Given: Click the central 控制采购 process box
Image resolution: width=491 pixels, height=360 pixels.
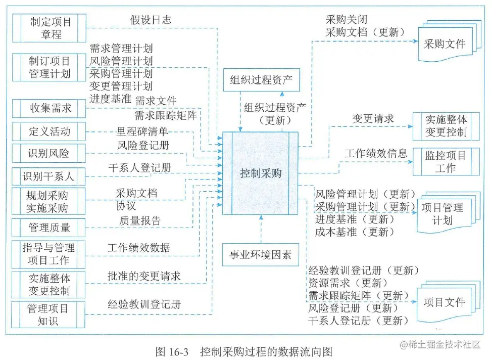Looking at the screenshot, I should point(260,173).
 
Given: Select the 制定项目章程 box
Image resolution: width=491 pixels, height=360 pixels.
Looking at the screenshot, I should point(48,28).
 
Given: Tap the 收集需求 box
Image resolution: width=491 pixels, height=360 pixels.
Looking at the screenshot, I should point(48,108).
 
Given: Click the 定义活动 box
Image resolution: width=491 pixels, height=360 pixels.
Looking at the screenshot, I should point(48,132).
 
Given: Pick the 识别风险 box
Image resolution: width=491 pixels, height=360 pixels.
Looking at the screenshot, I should point(48,153).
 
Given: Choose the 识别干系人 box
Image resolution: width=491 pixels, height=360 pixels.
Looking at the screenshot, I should point(48,176).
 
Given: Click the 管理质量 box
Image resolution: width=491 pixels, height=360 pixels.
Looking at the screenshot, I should point(48,228).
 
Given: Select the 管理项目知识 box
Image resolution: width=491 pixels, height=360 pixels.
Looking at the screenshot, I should point(48,314).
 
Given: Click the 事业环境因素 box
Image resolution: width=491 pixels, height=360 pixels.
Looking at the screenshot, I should point(261,254).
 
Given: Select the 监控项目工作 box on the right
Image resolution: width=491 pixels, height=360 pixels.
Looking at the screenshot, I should point(446,161).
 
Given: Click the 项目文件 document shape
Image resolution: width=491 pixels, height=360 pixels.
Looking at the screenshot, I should point(444,302).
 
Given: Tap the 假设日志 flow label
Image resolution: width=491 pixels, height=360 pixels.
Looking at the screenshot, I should point(151,20).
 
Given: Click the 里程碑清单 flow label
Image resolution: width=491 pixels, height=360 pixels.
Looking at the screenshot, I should point(142,132).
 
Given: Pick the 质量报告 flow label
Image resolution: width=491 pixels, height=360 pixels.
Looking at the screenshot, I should point(140,220).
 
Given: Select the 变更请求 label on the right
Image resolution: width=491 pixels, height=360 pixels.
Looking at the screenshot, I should point(373,119).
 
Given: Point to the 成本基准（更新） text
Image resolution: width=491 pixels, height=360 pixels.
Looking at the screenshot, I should point(352,233).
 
